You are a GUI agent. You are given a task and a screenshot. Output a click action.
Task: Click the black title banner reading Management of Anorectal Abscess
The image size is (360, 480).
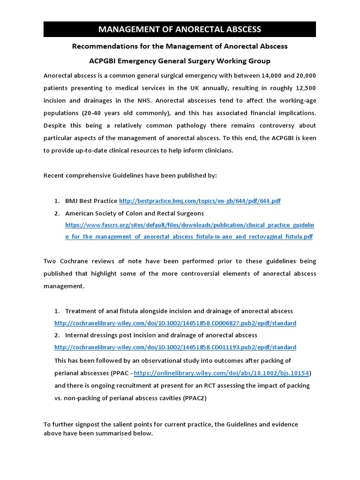(180, 30)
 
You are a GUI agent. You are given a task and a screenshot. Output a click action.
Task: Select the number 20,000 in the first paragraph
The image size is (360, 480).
(302, 75)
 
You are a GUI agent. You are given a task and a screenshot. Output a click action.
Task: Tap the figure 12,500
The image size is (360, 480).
(302, 88)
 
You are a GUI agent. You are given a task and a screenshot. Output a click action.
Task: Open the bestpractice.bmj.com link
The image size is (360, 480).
(200, 201)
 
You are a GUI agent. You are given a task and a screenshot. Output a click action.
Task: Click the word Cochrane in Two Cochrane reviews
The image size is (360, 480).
(76, 261)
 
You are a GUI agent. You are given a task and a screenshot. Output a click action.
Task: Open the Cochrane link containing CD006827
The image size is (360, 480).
(175, 323)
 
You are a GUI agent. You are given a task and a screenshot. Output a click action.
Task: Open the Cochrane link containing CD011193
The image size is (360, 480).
(175, 347)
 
